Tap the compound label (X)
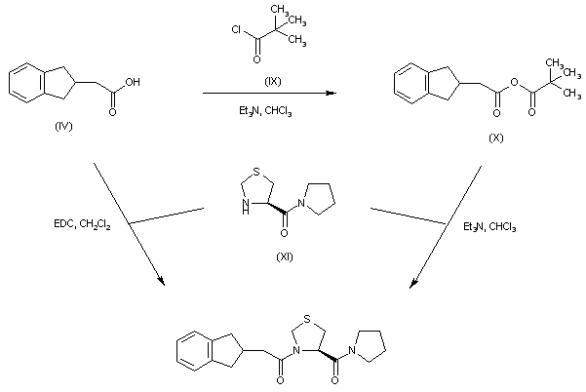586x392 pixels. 496,137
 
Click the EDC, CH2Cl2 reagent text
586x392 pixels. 84,225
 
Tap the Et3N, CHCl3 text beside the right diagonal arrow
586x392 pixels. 490,227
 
